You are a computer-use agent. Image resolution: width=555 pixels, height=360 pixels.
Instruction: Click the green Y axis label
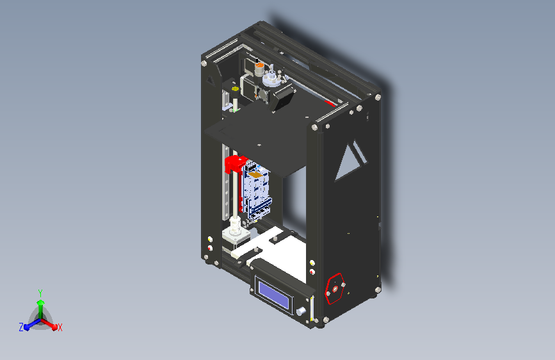pos(40,291)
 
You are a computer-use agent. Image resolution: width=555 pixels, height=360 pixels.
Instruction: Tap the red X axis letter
pos(60,327)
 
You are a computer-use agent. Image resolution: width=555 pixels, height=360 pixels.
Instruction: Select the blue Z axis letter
pos(21,327)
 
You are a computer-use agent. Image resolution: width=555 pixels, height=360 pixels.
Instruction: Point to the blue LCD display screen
pos(275,292)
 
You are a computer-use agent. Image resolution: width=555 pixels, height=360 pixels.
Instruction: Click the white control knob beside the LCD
pos(300,311)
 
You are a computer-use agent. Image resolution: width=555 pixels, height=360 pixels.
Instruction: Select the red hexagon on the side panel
pos(335,288)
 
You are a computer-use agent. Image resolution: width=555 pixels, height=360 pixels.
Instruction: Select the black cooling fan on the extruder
pos(284,97)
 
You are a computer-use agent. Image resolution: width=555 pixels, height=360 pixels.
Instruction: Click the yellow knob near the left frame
pos(234,90)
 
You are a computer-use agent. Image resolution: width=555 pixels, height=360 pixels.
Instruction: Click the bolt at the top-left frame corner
pos(204,63)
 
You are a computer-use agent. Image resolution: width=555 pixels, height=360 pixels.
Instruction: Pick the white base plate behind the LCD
pos(288,253)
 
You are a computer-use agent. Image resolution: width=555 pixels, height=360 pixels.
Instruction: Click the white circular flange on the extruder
pos(271,79)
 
